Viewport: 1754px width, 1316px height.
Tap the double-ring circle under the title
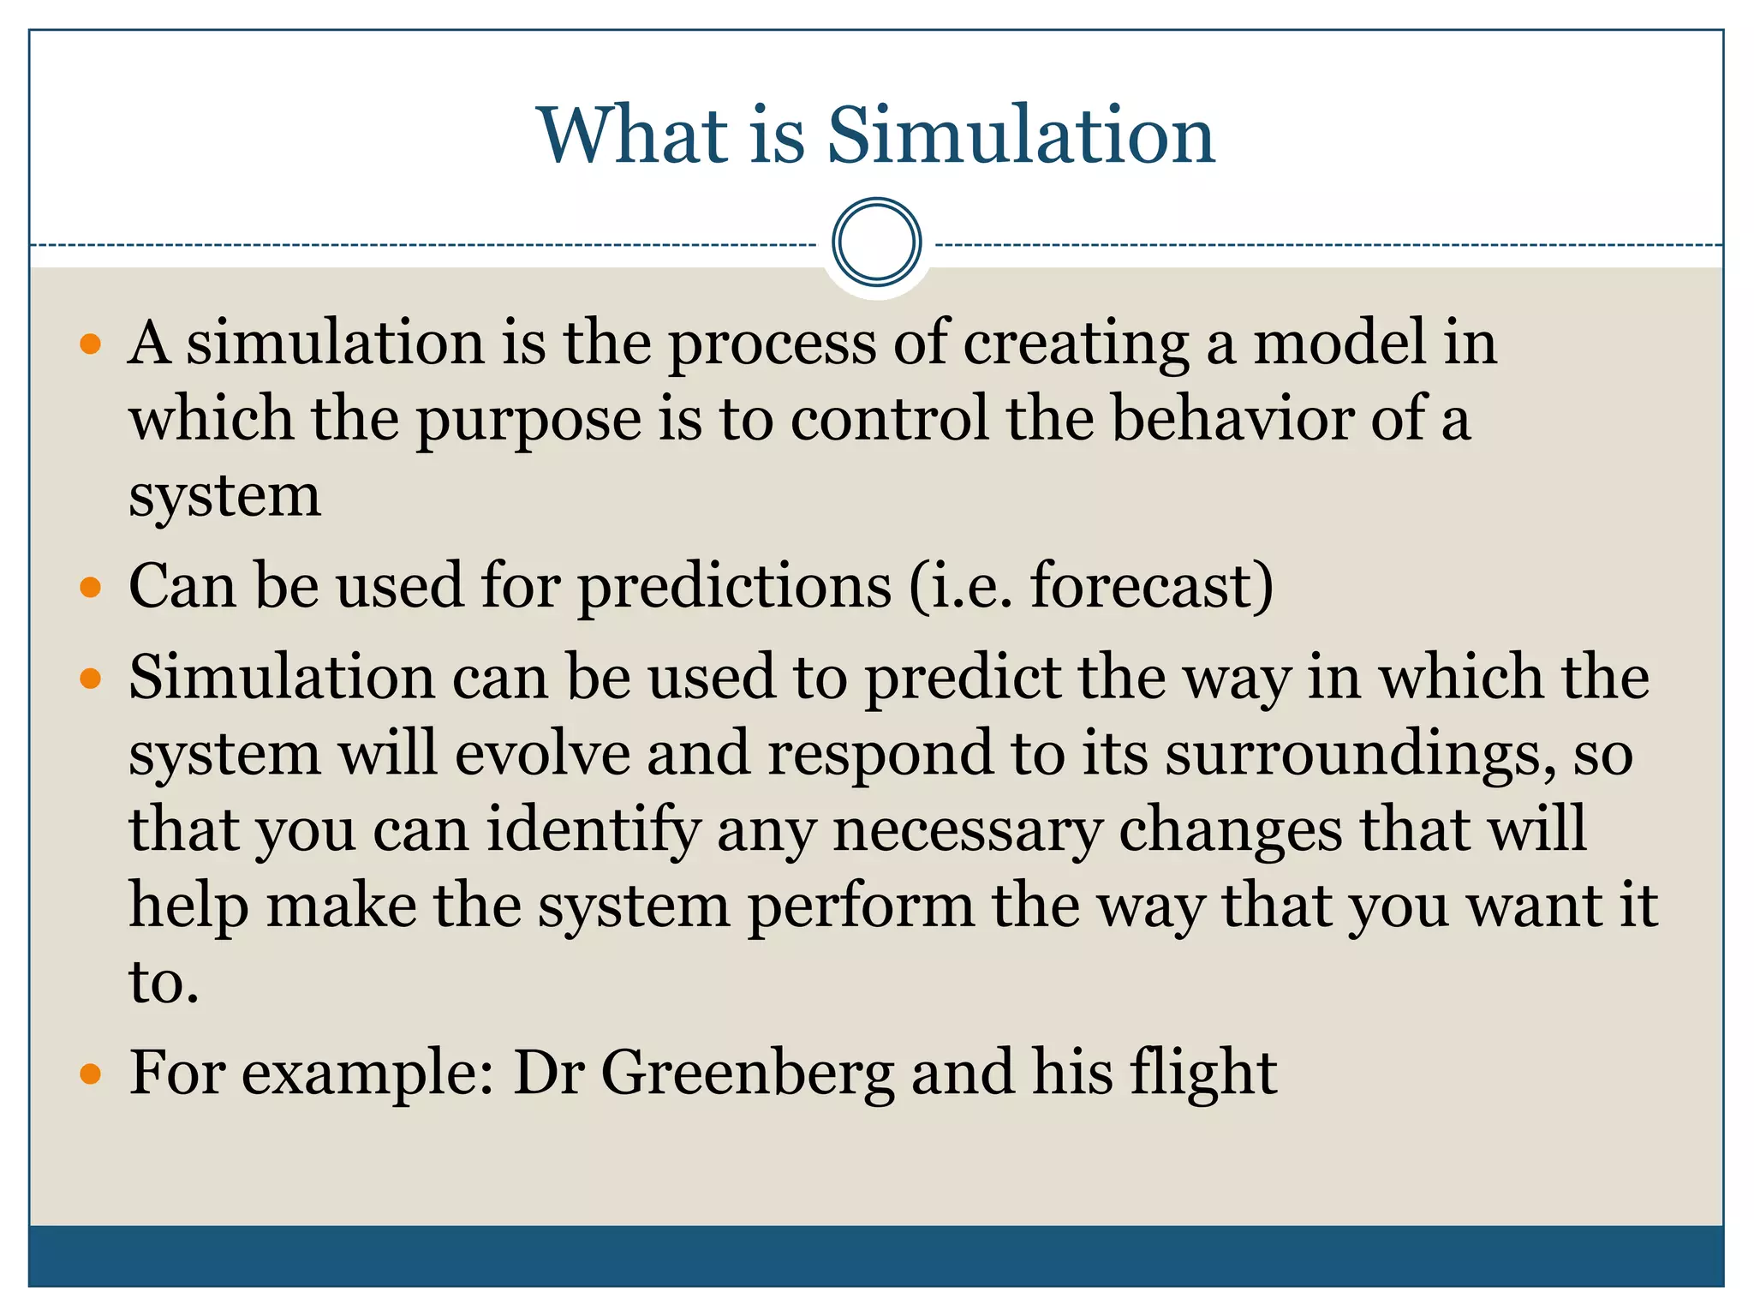coord(876,242)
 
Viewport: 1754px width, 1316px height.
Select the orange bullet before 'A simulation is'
coord(90,345)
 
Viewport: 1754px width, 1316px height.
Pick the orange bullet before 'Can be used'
coord(90,589)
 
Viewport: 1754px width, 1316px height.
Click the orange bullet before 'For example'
coord(90,1074)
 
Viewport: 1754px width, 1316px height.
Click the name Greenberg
coord(747,1073)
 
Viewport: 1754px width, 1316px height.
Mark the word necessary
coord(967,831)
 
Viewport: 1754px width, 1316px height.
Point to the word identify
coord(594,831)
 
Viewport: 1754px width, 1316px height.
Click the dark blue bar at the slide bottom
coord(876,1256)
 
